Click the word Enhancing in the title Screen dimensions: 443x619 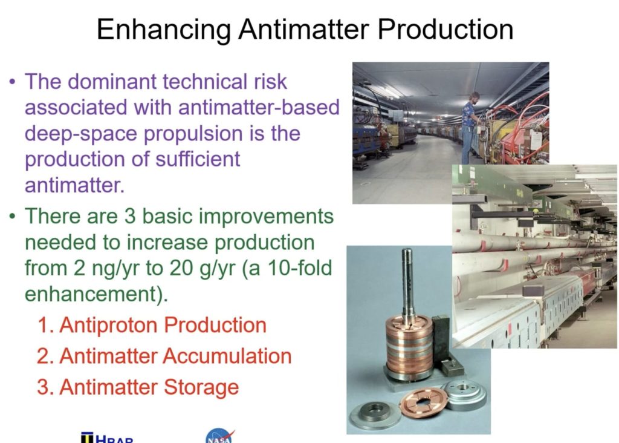[164, 28]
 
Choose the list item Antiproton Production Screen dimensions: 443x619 [152, 325]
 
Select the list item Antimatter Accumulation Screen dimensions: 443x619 [164, 356]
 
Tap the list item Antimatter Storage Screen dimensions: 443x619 [138, 387]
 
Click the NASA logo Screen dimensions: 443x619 [219, 436]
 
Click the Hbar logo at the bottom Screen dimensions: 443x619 [107, 438]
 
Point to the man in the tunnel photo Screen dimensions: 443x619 [471, 124]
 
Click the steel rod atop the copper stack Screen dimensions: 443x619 [409, 278]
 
